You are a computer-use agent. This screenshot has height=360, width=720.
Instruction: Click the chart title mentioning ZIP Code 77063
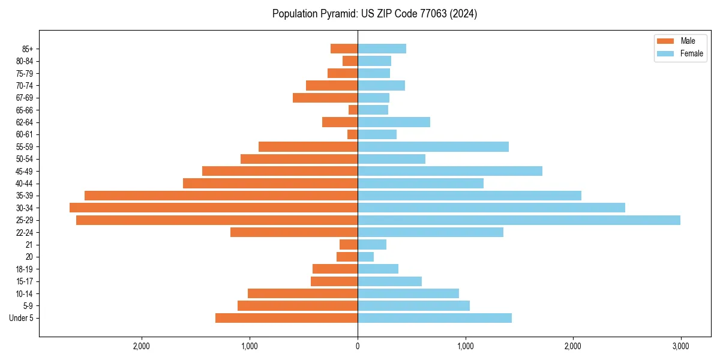click(x=374, y=14)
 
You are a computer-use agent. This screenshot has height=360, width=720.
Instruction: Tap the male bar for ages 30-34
click(x=214, y=208)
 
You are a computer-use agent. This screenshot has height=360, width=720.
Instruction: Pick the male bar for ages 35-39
click(x=221, y=196)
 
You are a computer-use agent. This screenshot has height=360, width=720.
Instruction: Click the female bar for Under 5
click(x=434, y=318)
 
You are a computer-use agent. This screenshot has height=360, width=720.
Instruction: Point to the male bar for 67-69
click(x=325, y=98)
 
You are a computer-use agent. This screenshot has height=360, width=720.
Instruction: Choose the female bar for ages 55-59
click(x=433, y=146)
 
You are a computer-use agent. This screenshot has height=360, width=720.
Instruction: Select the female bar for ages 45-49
click(x=450, y=171)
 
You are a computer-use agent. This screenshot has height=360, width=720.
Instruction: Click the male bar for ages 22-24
click(x=294, y=232)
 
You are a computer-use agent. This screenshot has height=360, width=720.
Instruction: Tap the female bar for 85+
click(x=382, y=49)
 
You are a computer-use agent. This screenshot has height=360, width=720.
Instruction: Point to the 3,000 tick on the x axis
click(x=680, y=346)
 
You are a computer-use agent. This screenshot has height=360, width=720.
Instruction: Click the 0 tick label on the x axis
click(x=358, y=346)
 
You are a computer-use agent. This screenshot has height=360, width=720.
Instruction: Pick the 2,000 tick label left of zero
click(x=142, y=346)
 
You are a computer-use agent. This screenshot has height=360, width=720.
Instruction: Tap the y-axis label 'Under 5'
click(x=21, y=318)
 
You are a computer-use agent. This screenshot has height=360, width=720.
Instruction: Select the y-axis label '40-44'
click(x=25, y=184)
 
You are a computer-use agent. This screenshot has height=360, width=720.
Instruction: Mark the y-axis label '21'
click(x=29, y=245)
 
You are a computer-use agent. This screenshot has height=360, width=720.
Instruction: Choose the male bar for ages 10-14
click(x=302, y=293)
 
